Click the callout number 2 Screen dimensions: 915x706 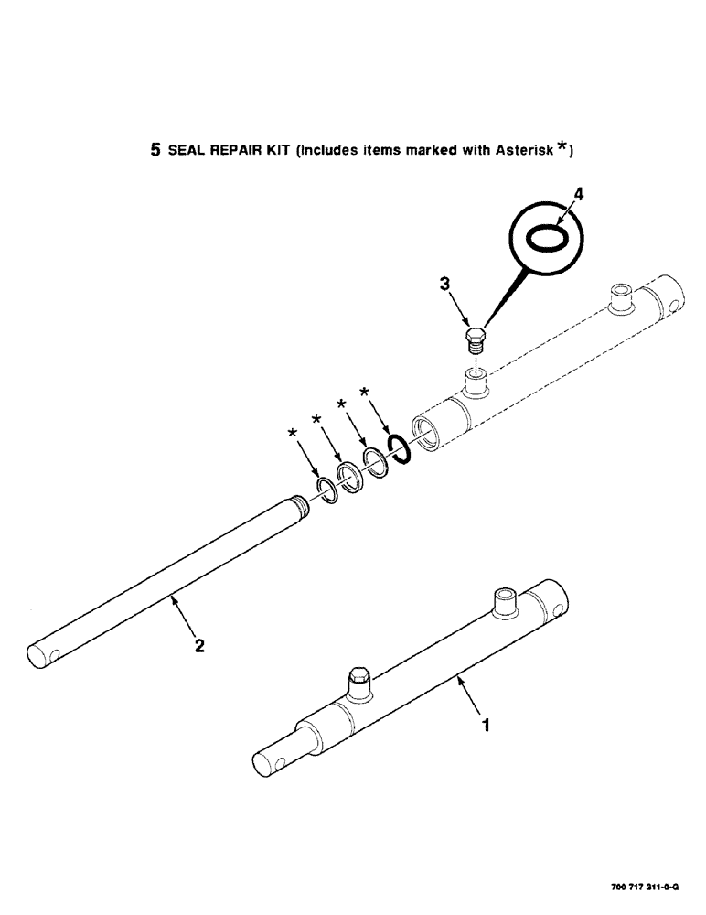click(199, 645)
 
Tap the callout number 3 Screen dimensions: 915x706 click(445, 285)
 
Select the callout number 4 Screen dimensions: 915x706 click(576, 194)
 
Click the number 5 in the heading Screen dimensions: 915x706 click(155, 149)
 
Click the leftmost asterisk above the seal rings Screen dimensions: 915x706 click(293, 431)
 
